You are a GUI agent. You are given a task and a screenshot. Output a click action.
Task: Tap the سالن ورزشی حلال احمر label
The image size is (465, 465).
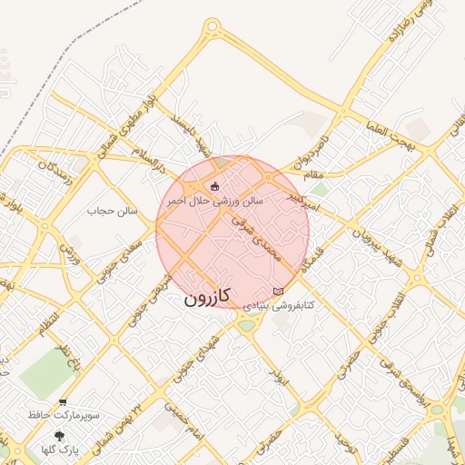pos(214,200)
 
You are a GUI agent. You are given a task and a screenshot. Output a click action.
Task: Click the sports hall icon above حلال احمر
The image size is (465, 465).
pos(214,187)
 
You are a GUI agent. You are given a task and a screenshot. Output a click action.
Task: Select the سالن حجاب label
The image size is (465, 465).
pos(112,211)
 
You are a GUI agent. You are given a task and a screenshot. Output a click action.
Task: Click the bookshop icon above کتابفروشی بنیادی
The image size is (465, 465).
pos(278,292)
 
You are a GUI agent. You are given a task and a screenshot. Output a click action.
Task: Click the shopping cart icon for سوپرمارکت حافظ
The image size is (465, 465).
pos(62,401)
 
